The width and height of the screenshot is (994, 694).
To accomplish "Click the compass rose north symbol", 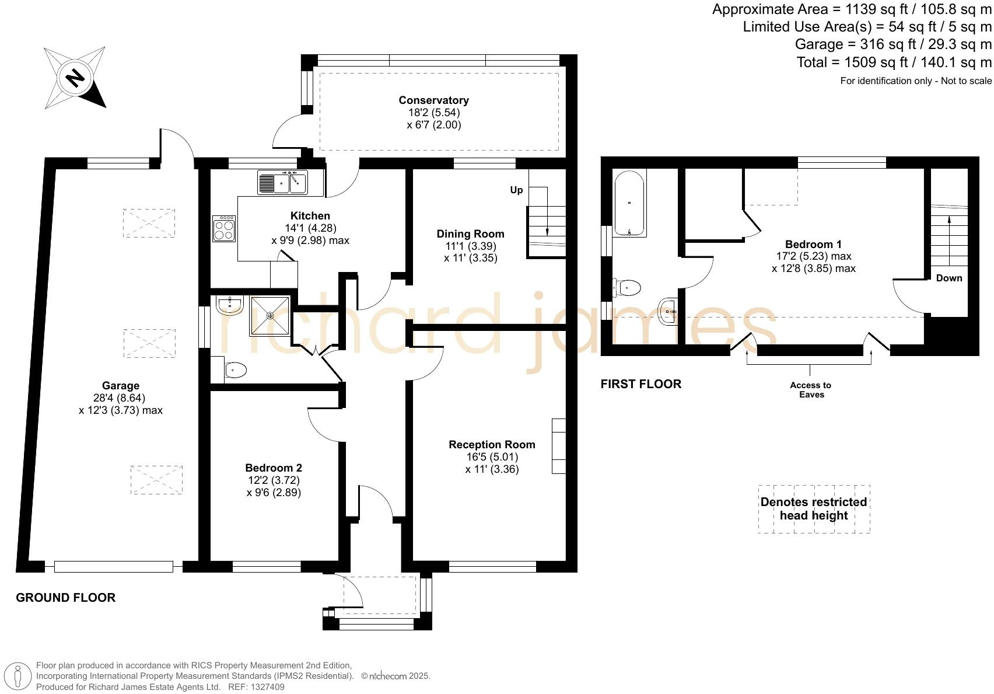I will (75, 78).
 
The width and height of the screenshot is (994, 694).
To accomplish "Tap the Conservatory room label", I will (433, 100).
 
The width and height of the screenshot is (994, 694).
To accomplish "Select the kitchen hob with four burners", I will (224, 229).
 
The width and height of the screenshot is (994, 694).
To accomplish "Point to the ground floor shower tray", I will (270, 316).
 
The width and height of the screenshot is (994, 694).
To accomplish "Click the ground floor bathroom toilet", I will (235, 369).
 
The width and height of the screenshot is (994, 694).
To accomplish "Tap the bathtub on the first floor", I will (629, 203).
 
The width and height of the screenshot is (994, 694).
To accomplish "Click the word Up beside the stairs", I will (516, 190).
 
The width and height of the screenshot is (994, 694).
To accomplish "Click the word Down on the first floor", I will (949, 278).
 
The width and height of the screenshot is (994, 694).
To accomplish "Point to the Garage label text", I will (120, 386).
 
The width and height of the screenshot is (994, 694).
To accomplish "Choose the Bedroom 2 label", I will (274, 468).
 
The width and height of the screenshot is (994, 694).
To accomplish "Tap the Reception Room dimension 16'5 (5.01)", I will (491, 457).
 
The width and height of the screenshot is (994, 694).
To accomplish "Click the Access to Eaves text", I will (811, 389).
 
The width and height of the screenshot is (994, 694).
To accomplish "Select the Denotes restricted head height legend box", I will (814, 509).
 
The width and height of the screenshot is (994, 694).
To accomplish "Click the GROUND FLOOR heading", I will (65, 598).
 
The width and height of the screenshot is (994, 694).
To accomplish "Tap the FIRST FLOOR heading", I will (640, 384).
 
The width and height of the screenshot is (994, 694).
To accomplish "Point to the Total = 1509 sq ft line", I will (894, 62).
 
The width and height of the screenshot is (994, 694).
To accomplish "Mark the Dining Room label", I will (470, 234).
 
